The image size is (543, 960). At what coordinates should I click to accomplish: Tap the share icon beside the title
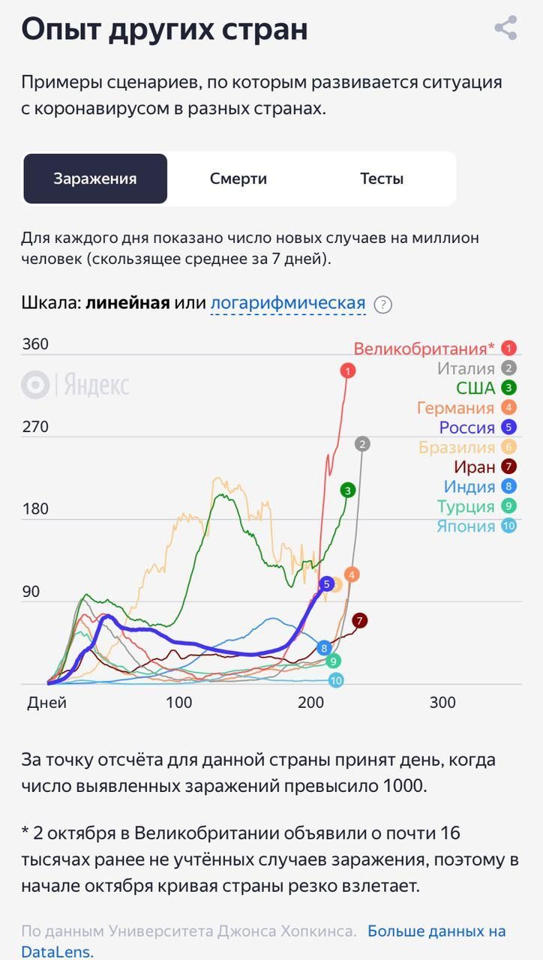[x=506, y=28]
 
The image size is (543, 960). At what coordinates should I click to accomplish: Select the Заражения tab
[x=95, y=178]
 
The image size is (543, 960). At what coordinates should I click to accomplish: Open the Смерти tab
[x=238, y=178]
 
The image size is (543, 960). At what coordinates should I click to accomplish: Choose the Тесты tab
[x=382, y=178]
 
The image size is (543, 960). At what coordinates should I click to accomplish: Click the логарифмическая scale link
[x=288, y=303]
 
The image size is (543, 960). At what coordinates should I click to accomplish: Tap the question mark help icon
[x=383, y=304]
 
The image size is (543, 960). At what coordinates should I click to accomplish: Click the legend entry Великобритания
[x=424, y=349]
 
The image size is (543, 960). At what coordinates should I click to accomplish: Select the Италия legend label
[x=466, y=368]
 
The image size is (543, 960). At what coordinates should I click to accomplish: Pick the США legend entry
[x=475, y=388]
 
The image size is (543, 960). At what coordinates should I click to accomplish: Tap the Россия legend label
[x=467, y=427]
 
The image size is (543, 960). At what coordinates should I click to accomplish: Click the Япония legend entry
[x=466, y=526]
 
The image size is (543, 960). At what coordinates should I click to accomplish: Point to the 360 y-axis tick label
[x=35, y=344]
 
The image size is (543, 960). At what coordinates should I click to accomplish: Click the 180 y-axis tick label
[x=35, y=509]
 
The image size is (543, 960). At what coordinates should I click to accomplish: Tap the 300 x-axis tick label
[x=442, y=703]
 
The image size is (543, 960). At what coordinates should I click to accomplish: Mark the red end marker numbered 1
[x=347, y=370]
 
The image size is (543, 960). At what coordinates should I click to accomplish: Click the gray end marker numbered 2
[x=363, y=444]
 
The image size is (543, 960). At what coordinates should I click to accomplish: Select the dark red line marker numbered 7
[x=361, y=620]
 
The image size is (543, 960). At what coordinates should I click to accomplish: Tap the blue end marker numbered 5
[x=326, y=583]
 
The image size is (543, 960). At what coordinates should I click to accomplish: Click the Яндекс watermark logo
[x=76, y=385]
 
